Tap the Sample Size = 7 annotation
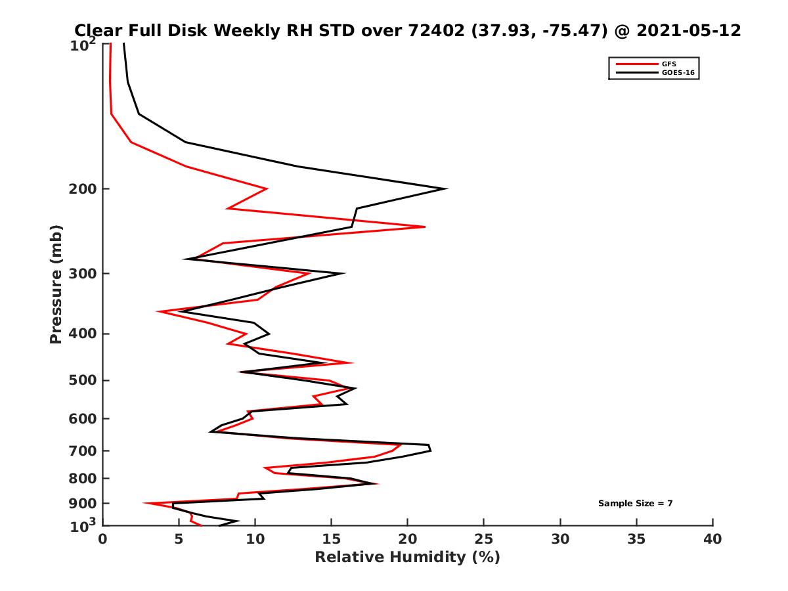(x=635, y=504)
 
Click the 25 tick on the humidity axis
(x=484, y=539)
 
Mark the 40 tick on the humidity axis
(x=712, y=539)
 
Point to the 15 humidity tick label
(x=332, y=539)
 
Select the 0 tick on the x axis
(x=103, y=539)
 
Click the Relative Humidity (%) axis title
(x=407, y=558)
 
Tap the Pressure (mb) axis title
(x=56, y=284)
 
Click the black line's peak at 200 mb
(x=447, y=189)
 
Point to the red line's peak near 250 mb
(x=425, y=227)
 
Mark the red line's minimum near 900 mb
(x=144, y=504)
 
